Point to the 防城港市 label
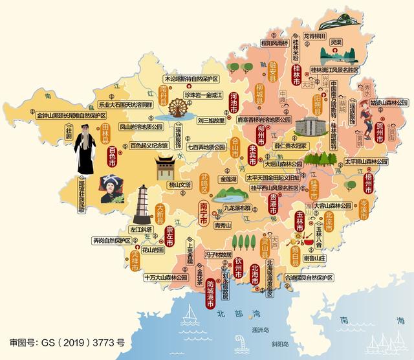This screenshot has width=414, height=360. pyautogui.click(x=211, y=295)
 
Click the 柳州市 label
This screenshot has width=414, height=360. pyautogui.click(x=261, y=137)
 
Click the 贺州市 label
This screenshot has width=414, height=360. pyautogui.click(x=378, y=120)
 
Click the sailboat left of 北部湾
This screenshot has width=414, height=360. pyautogui.click(x=190, y=317)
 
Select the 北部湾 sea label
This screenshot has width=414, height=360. pyautogui.click(x=228, y=313)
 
